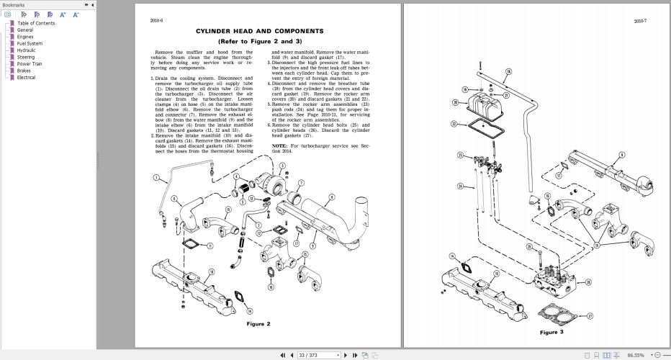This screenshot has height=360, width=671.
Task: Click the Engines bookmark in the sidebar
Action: (25, 37)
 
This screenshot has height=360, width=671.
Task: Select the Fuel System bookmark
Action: (30, 43)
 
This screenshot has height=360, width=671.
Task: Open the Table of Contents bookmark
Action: (35, 23)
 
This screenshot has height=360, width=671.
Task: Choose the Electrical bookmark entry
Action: (27, 77)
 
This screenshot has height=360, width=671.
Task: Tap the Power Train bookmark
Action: (29, 63)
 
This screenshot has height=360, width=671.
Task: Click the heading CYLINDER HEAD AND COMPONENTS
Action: (259, 31)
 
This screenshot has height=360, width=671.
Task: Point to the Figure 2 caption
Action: (258, 323)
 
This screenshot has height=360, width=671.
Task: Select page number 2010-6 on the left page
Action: (156, 21)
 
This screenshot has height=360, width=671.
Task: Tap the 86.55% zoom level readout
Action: (635, 355)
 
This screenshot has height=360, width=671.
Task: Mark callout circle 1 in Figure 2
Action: (155, 178)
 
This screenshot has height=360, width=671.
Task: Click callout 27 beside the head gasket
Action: (590, 315)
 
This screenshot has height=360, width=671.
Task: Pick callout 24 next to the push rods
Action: (460, 186)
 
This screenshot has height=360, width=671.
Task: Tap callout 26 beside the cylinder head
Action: (588, 282)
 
